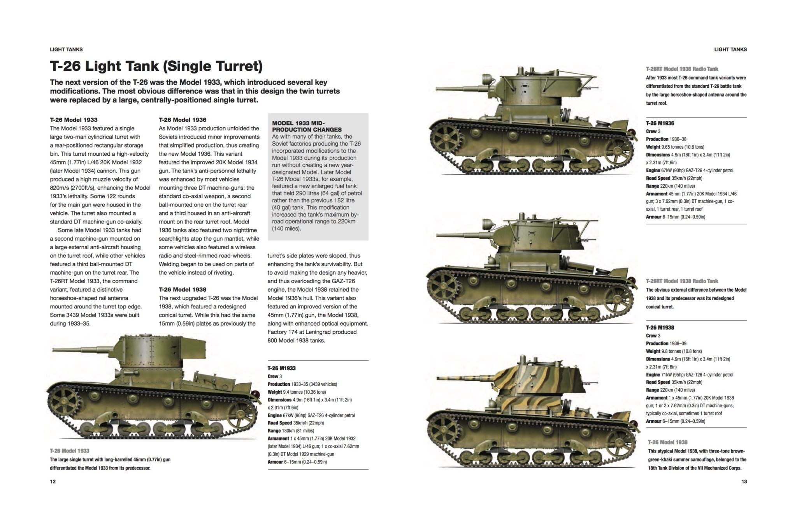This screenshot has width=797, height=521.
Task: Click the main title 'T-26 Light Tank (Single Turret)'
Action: coord(156,66)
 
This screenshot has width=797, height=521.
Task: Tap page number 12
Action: coord(53,482)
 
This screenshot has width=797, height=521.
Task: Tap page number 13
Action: coord(744,482)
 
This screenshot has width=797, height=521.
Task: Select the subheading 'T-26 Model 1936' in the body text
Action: coord(183,120)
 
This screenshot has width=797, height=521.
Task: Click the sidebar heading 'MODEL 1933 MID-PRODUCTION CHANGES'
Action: coord(307,127)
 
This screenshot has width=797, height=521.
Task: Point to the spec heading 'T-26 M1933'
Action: coord(281,368)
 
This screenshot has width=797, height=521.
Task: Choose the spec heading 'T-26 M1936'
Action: coord(660,123)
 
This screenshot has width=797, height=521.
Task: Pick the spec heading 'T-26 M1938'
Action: coord(660,328)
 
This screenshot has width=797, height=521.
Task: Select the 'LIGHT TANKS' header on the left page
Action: coord(66,49)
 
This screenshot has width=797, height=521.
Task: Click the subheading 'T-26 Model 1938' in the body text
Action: coord(183,290)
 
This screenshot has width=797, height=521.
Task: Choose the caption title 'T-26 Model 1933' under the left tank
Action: coord(70,451)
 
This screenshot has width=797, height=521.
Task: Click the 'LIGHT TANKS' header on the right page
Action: coord(730,49)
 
